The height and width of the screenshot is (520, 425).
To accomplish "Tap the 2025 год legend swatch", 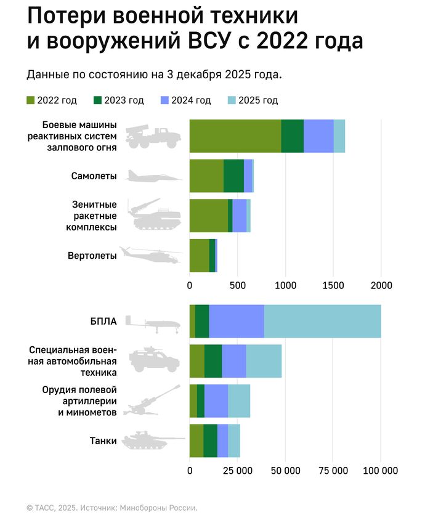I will tap(232, 100).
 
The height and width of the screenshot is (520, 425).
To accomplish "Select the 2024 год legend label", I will tap(192, 100).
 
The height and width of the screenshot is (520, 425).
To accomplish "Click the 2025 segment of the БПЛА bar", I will tap(322, 321).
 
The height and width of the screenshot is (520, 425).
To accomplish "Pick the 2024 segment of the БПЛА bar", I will tap(237, 321).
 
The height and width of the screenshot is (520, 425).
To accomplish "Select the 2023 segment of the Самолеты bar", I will tap(233, 176).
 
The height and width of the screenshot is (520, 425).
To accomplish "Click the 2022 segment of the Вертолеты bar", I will tap(199, 255).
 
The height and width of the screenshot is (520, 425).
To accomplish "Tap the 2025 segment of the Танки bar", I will tap(233, 441).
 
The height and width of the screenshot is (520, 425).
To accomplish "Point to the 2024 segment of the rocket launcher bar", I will tap(318, 136).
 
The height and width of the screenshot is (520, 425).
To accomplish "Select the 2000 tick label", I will tap(381, 286).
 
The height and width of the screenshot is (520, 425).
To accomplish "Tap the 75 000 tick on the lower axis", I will tap(333, 471).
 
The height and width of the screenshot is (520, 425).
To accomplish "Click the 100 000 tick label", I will tap(380, 471).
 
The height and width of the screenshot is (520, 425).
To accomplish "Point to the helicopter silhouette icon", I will tap(151, 255).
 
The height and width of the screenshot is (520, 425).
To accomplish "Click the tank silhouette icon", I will tap(152, 441).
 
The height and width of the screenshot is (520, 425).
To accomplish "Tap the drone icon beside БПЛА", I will tap(152, 323).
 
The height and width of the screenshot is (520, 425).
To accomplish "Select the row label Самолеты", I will tap(94, 176).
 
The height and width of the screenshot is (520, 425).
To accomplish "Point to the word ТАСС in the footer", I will tap(46, 508).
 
